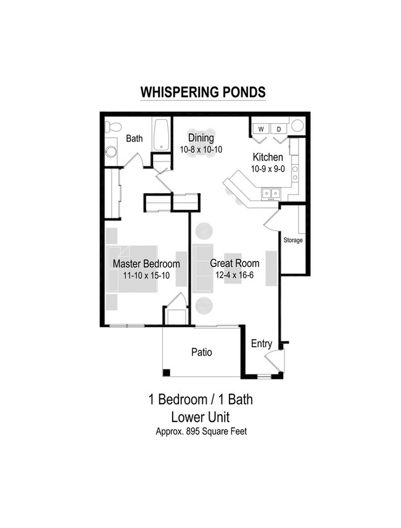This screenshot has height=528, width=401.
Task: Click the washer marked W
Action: pos(261,129)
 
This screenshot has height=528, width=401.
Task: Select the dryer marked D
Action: pos(278,129)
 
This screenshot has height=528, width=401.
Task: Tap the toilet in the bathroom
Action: pos(112,127)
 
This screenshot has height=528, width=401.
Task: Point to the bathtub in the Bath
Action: pos(162,134)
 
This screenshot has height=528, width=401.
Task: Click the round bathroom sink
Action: pos(111,152)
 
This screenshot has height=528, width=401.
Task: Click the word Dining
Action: pos(201,138)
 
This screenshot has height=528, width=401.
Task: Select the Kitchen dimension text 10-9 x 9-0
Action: pos(267,168)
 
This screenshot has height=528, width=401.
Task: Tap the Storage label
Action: pos(293,240)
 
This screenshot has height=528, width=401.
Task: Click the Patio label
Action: pos(201,352)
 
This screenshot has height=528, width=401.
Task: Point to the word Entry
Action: pos(262,344)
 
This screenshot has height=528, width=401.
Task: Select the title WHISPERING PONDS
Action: pos(203,92)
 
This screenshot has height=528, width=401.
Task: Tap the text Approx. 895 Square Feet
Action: pos(201,432)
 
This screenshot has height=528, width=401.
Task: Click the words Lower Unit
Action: pos(201,416)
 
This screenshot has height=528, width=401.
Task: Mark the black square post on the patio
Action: pos(166,372)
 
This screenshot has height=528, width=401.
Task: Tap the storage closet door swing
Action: pos(272,219)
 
